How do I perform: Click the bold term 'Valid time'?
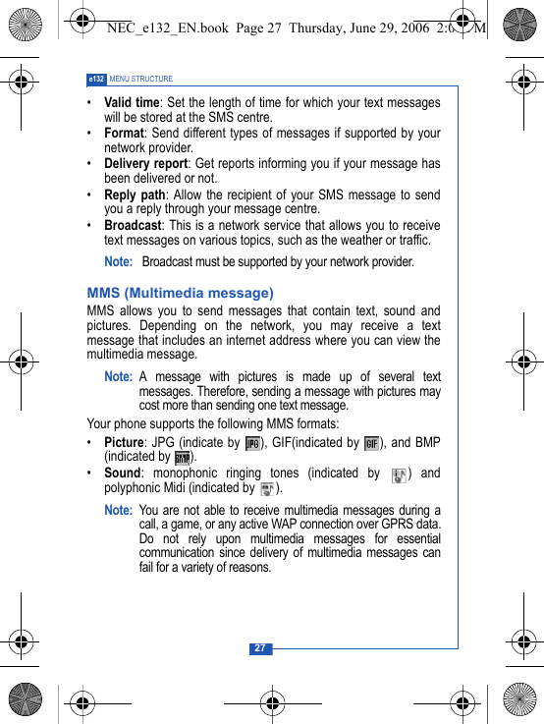coord(132,103)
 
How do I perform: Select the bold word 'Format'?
coord(124,133)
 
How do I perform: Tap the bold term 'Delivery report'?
coord(145,163)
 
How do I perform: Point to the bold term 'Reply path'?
coord(135,195)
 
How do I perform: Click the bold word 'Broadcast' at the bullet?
coord(133,225)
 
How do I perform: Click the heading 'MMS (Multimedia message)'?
coord(180,293)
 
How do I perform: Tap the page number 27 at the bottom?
coord(260,648)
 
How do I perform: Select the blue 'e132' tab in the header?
coord(96,79)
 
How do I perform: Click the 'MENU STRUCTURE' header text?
coord(141,79)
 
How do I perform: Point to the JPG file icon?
coord(252,443)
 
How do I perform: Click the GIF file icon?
coord(371,443)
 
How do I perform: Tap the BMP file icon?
coord(182,457)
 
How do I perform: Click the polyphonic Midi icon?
coord(266,488)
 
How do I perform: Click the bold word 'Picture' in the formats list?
coord(124,442)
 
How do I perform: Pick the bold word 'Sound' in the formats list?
coord(123,473)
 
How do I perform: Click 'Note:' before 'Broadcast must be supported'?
coord(118,262)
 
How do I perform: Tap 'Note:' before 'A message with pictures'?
coord(118,377)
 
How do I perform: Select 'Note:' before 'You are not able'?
coord(118,510)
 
